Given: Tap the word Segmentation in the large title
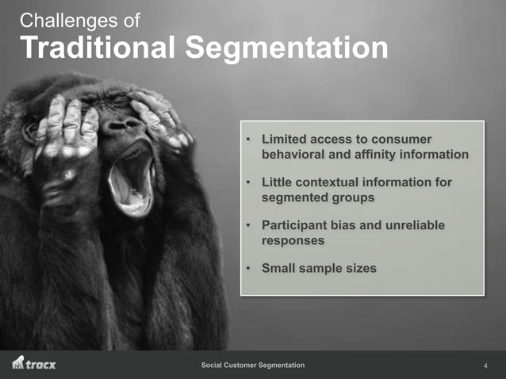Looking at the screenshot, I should tap(287, 48).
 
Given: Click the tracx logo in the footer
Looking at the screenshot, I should tap(34, 364).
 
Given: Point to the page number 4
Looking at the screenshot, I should tap(485, 366).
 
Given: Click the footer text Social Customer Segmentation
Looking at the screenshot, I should tap(253, 365).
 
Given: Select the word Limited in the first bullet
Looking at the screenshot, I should tap(286, 139).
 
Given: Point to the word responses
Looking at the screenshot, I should tap(293, 240).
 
